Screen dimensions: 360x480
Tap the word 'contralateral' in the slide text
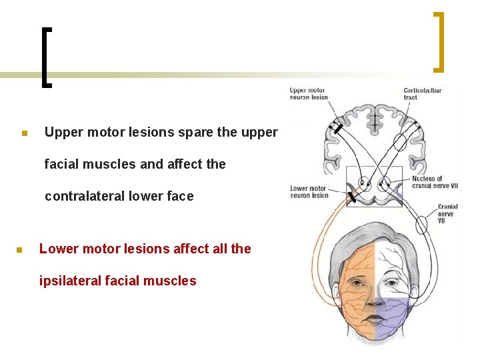pos(85,196)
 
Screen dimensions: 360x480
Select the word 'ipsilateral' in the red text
pos(71,281)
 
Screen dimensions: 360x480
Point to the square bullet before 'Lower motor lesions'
pos(19,251)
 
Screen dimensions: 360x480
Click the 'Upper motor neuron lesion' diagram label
pos(308,93)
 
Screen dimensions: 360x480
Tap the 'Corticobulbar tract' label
pos(421,93)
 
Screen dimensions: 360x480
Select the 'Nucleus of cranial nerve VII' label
pos(427,181)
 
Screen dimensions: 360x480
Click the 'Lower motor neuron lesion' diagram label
pos(308,192)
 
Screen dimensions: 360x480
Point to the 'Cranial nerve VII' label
pos(447,214)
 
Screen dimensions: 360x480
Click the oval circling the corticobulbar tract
pos(400,141)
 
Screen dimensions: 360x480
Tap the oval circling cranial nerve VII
pos(421,225)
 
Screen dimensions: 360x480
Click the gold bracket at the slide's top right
pos(439,41)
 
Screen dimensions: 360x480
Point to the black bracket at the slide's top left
pos(46,57)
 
